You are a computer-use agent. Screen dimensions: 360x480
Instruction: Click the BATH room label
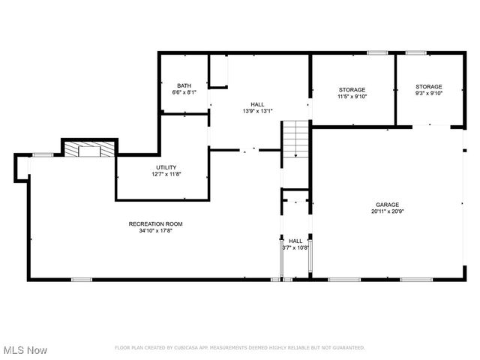[x=184, y=85]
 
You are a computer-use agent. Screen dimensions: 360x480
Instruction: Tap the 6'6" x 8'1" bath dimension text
[x=184, y=93]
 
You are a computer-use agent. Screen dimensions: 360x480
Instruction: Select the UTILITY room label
[x=166, y=167]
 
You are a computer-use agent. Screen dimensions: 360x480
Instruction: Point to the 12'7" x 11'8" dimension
[x=166, y=174]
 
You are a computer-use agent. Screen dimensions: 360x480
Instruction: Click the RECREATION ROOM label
[x=155, y=224]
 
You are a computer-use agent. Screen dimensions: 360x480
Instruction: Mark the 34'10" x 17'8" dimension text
[x=155, y=231]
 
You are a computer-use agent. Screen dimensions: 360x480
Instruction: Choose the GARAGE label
[x=387, y=205]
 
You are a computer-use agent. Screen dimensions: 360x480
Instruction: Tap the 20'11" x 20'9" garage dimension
[x=387, y=211]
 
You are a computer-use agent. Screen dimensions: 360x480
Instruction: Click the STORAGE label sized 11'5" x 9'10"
[x=351, y=89]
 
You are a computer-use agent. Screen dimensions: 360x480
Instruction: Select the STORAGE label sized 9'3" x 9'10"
[x=429, y=86]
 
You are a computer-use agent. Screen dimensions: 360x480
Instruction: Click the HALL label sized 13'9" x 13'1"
[x=257, y=104]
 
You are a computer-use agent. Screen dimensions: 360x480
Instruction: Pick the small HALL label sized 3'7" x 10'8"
[x=295, y=241]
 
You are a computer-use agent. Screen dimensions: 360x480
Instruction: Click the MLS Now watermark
[x=25, y=350]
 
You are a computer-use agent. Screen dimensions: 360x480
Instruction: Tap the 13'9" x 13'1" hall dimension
[x=257, y=111]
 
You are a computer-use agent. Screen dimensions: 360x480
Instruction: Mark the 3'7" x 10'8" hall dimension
[x=295, y=247]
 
